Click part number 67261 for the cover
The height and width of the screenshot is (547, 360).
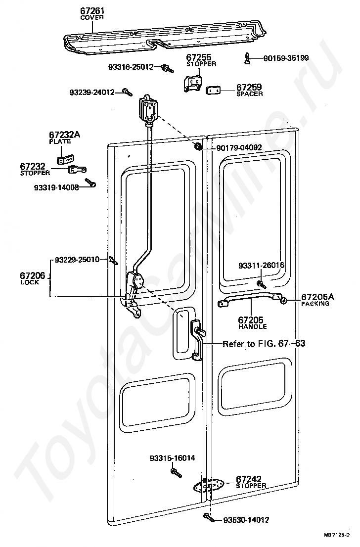click(92, 10)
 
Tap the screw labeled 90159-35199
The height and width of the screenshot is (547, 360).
click(247, 59)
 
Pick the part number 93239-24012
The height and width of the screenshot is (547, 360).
click(92, 92)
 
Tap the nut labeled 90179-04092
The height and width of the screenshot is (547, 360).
click(198, 146)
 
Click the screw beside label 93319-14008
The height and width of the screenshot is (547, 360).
click(91, 184)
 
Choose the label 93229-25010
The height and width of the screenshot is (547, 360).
click(77, 259)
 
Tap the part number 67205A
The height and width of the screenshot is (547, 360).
click(318, 297)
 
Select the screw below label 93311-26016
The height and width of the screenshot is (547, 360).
click(261, 284)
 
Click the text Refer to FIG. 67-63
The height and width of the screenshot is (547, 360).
click(264, 343)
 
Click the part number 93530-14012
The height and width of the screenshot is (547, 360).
click(246, 520)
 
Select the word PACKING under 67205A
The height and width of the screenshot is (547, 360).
click(315, 304)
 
